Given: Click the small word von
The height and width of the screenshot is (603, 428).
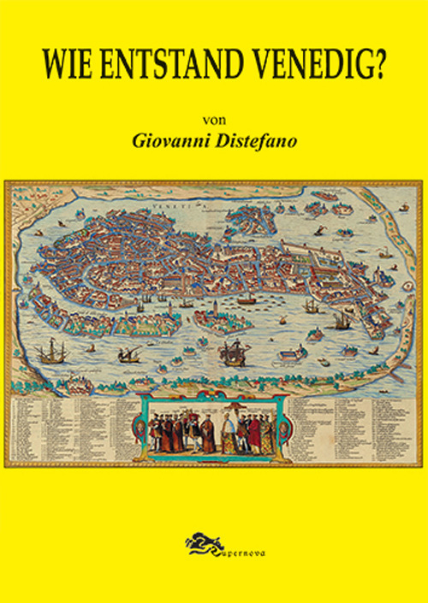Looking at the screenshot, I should click(215, 119).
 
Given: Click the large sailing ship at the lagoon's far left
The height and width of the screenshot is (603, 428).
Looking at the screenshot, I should click(50, 350).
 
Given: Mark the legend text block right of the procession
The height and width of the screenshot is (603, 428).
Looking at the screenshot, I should click(351, 428).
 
